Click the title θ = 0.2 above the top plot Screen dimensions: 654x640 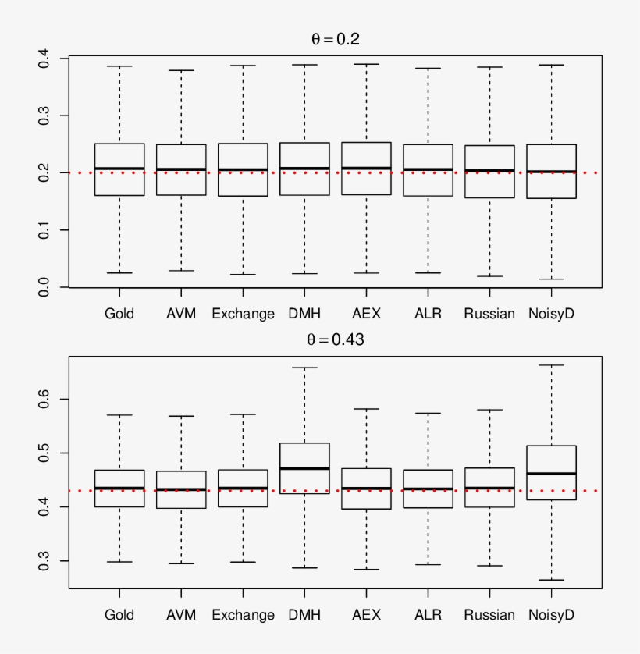(x=336, y=40)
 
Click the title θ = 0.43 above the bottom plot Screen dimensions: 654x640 (x=336, y=340)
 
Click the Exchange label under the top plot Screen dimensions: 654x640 (x=243, y=314)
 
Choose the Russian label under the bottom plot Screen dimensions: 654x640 (x=489, y=615)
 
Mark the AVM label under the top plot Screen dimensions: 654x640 (x=181, y=314)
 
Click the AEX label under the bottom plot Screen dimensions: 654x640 (x=366, y=615)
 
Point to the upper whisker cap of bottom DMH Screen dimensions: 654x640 (x=304, y=368)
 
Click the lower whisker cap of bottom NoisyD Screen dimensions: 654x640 (x=551, y=580)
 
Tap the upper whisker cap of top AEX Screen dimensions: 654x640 (x=366, y=64)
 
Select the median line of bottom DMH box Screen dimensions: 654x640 (x=304, y=468)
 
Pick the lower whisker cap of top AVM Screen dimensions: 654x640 (x=181, y=271)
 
